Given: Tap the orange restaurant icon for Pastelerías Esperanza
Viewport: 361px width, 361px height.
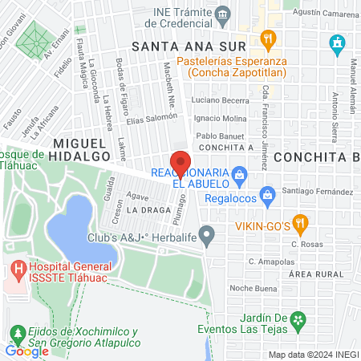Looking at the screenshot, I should [x=267, y=38].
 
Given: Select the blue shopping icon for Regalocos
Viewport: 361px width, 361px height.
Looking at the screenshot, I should [x=268, y=193].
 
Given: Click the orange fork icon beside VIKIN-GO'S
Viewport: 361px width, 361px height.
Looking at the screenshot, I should [x=300, y=222].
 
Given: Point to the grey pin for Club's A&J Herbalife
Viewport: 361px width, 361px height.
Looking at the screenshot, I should [x=208, y=235].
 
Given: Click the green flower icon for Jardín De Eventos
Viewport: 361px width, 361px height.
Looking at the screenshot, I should [x=298, y=320].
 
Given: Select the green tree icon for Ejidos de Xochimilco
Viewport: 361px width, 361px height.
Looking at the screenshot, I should [x=18, y=332].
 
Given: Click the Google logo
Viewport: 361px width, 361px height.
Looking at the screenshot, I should [x=26, y=351].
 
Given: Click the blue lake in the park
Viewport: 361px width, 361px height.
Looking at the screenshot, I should [x=81, y=233].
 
